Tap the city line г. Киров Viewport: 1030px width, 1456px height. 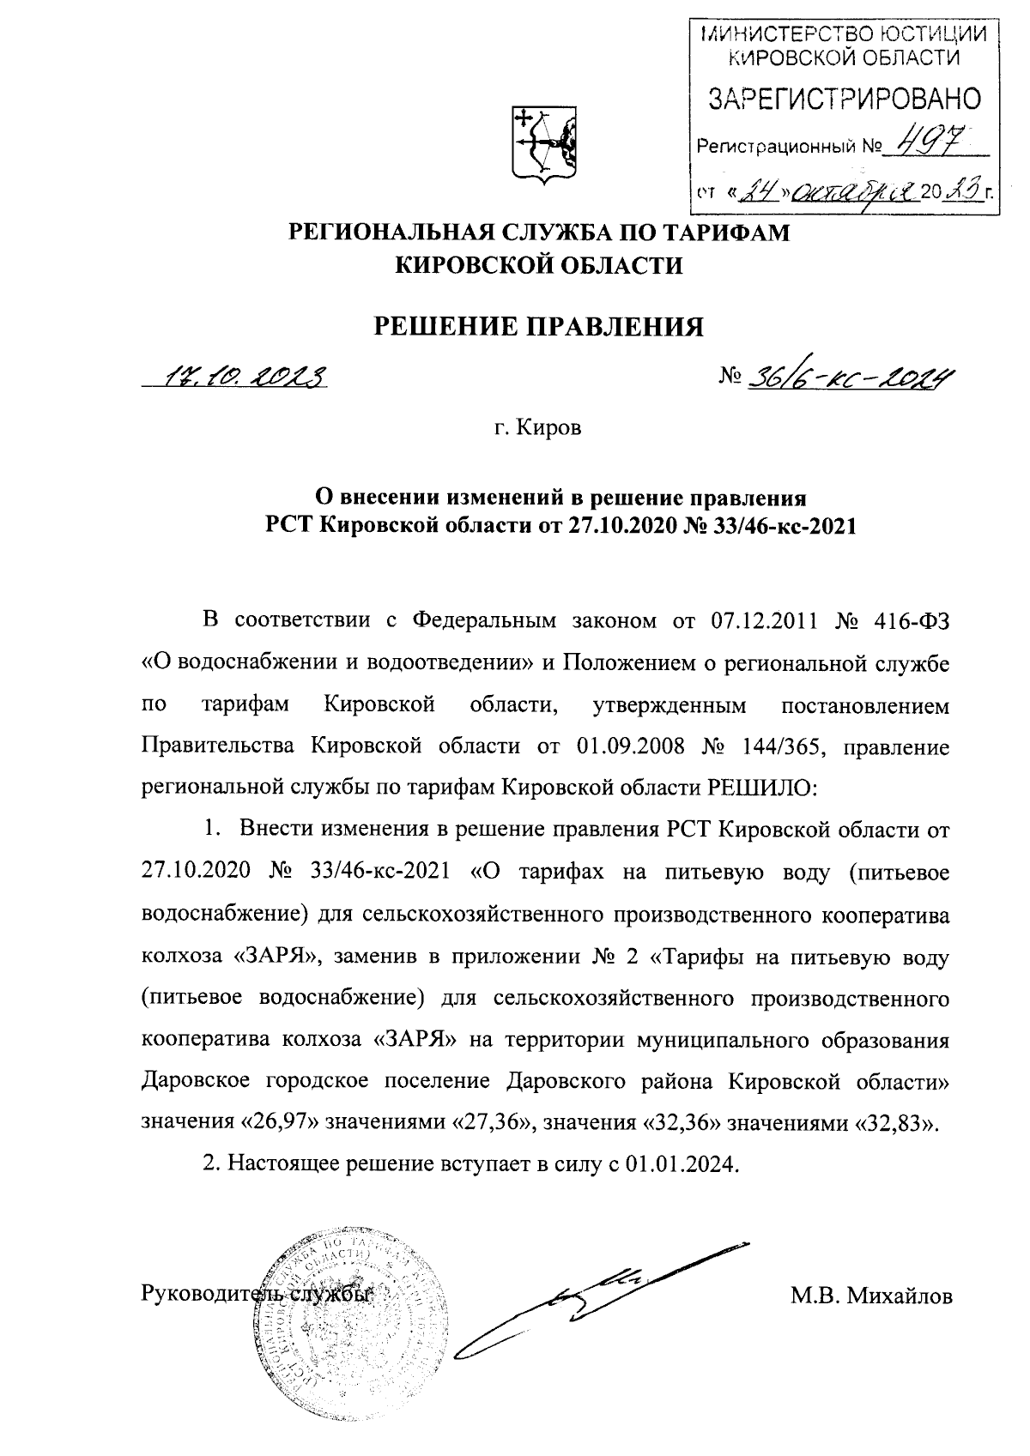tap(539, 427)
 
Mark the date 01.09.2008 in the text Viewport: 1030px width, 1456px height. tap(631, 746)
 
